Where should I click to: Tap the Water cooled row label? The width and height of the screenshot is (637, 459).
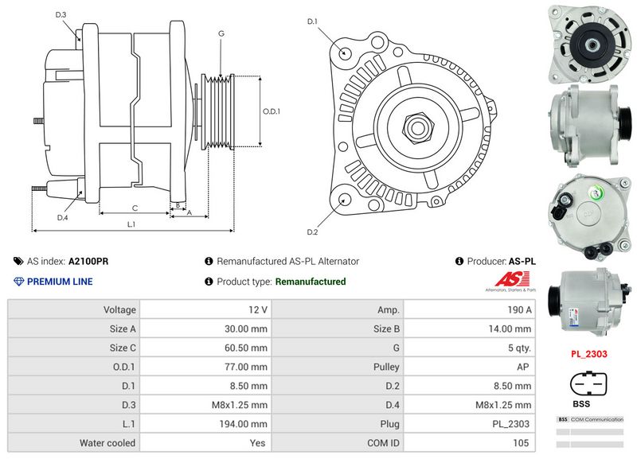tap(107, 443)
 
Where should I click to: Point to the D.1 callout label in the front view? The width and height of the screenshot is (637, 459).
tap(312, 21)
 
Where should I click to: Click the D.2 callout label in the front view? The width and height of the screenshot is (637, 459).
tap(312, 231)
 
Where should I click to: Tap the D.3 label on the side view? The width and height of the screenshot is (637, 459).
tap(61, 14)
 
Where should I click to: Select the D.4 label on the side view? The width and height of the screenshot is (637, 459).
tap(62, 217)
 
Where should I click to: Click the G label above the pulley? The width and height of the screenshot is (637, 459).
tap(221, 33)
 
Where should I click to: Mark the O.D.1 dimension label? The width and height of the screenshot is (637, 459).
tap(272, 111)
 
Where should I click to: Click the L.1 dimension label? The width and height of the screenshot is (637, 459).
tap(131, 225)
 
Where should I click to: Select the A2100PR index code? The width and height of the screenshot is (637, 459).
tap(88, 261)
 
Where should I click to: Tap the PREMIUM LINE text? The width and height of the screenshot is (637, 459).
tap(60, 282)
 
